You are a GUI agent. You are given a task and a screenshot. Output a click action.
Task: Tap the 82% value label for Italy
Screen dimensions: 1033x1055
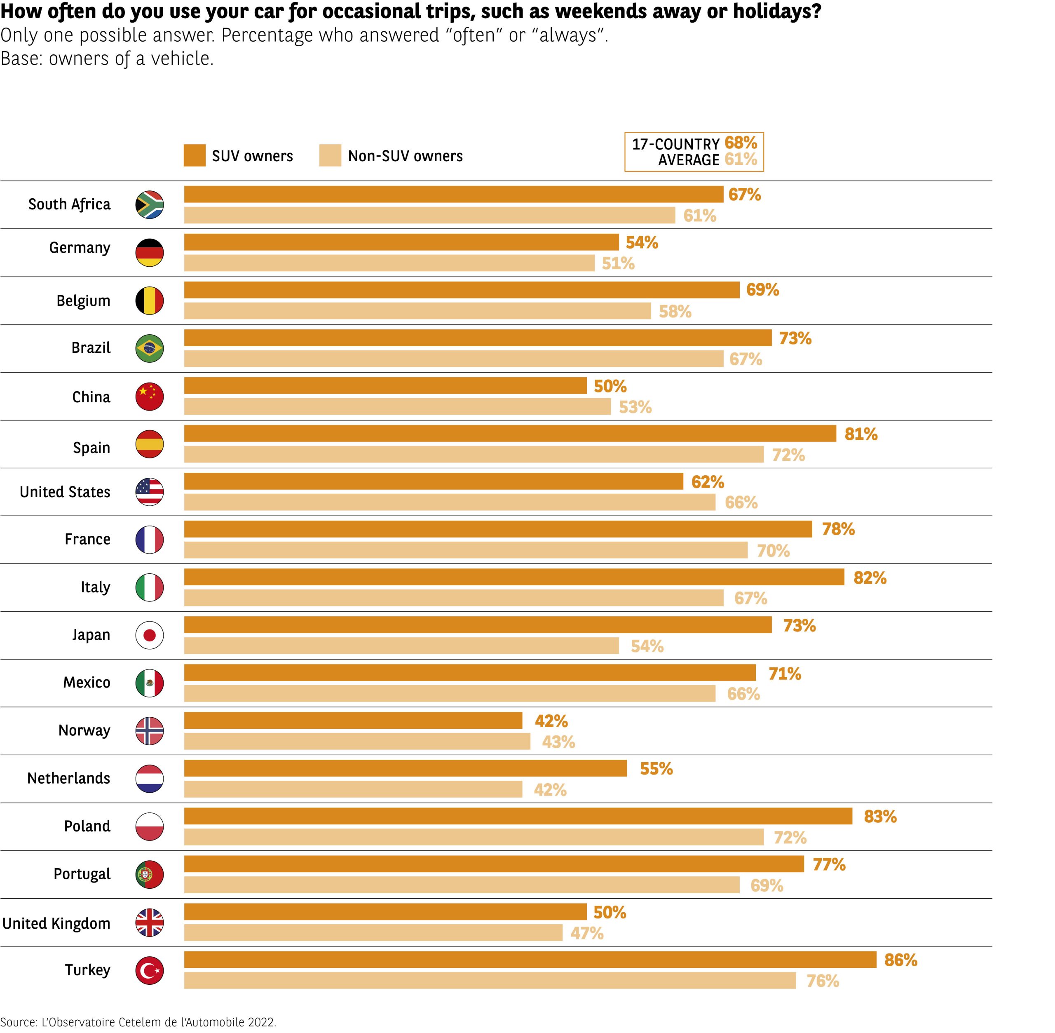click(870, 578)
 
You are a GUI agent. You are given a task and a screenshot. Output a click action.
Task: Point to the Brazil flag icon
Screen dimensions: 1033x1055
click(149, 348)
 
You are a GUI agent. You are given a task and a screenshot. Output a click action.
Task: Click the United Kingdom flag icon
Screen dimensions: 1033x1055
click(149, 923)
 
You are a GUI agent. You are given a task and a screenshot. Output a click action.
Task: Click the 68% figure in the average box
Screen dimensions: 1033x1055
click(741, 143)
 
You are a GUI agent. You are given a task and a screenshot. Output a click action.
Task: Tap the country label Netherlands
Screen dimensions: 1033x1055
click(68, 778)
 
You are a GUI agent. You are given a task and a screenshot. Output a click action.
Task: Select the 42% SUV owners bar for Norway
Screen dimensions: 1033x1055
click(353, 721)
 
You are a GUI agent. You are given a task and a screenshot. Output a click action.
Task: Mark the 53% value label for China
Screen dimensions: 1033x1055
click(635, 407)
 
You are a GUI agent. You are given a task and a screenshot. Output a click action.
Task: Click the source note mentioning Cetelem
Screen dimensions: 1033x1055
click(138, 1022)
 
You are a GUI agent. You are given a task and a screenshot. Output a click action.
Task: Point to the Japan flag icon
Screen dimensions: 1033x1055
click(149, 635)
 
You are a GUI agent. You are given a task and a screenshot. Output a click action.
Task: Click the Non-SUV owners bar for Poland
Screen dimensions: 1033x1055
click(474, 837)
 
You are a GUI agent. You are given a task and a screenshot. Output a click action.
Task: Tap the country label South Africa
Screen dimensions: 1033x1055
click(69, 204)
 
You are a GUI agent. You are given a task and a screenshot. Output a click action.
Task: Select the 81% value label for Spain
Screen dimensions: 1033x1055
click(861, 434)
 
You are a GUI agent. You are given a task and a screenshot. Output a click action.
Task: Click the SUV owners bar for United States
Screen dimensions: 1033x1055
click(434, 481)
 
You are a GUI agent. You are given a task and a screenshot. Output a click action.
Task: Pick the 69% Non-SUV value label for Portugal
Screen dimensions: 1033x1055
click(767, 885)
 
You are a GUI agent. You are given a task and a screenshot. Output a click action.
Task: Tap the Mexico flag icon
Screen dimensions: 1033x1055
click(149, 683)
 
